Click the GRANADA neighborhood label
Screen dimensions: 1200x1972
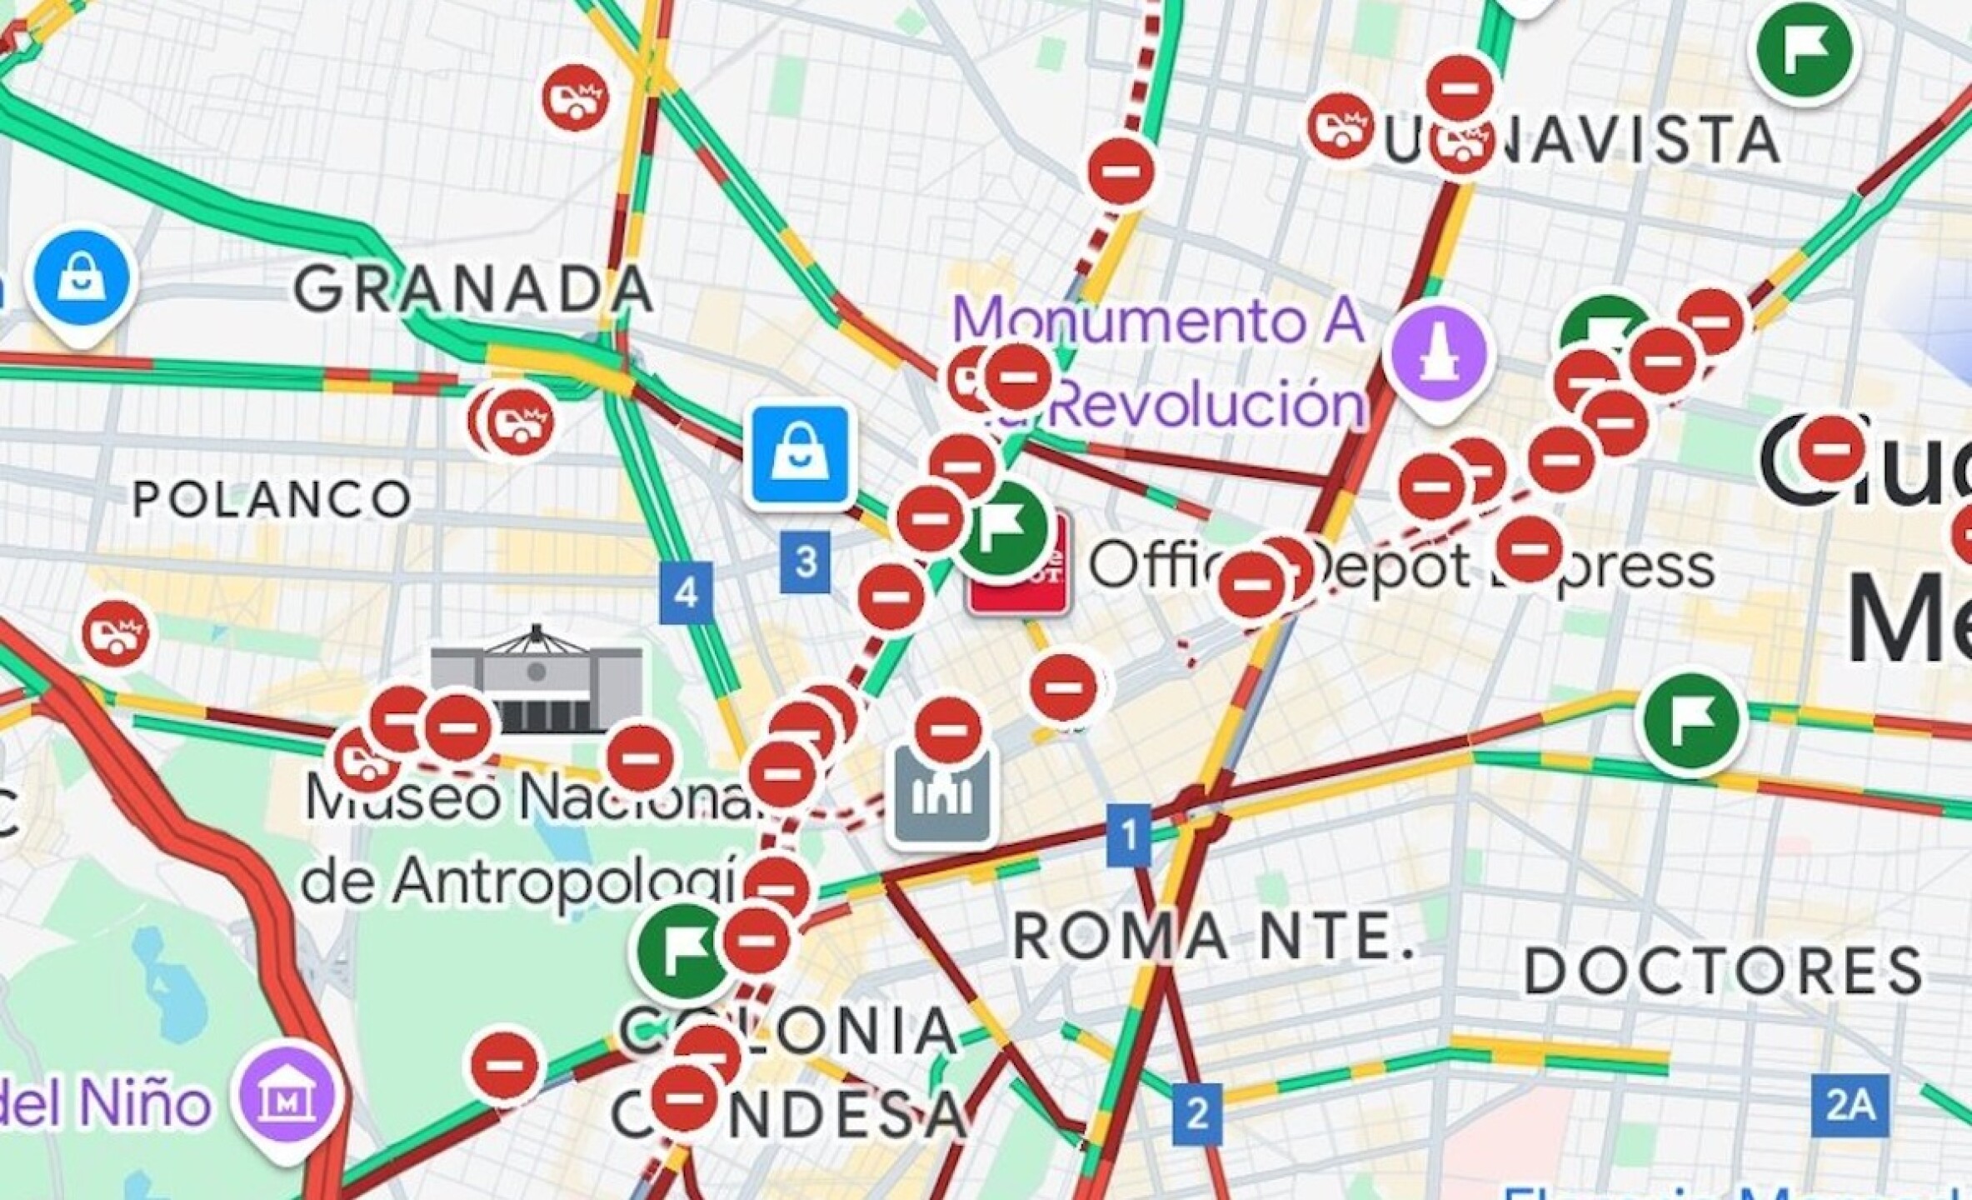(x=473, y=289)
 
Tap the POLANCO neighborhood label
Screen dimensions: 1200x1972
(x=272, y=499)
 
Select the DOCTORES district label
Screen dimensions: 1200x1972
(x=1723, y=971)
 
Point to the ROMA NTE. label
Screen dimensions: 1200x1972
(x=1213, y=935)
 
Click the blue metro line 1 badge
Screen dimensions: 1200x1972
(x=1129, y=834)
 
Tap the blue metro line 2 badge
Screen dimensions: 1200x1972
(x=1197, y=1113)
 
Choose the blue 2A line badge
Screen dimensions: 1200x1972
(x=1850, y=1106)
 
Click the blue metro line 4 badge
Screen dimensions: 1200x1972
(x=686, y=592)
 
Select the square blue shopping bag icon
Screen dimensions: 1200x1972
(x=801, y=455)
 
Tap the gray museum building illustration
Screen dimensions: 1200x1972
(x=537, y=682)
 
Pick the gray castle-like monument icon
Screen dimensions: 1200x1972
(x=942, y=793)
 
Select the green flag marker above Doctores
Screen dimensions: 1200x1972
(x=1691, y=722)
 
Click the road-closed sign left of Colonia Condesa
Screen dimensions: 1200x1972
(x=504, y=1064)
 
